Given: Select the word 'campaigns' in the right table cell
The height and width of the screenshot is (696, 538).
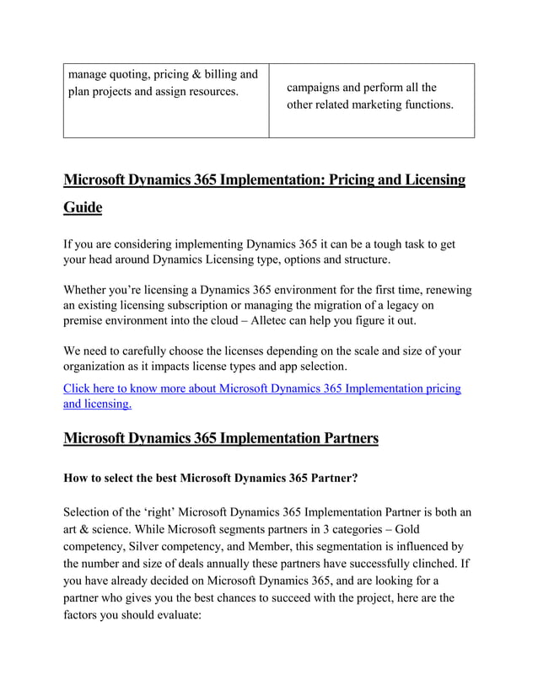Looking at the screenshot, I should tap(316, 88).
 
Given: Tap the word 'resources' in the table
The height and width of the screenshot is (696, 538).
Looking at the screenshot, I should tap(209, 91).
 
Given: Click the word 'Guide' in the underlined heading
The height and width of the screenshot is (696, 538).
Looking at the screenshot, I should tap(83, 207).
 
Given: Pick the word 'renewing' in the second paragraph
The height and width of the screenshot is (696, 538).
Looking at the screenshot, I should tap(446, 289).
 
